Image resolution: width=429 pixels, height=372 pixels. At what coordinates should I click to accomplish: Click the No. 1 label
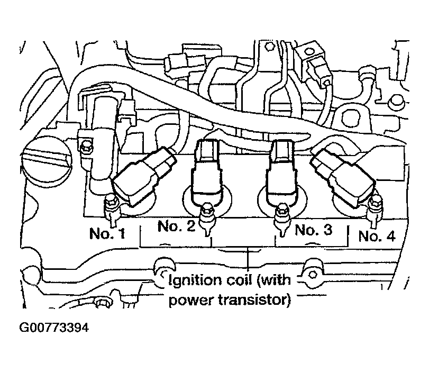pyautogui.click(x=107, y=233)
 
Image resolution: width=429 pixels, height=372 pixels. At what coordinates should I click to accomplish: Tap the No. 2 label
pyautogui.click(x=176, y=226)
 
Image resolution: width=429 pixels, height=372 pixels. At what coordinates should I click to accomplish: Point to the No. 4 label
pyautogui.click(x=377, y=235)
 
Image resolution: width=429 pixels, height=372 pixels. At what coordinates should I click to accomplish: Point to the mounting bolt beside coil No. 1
pyautogui.click(x=111, y=205)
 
